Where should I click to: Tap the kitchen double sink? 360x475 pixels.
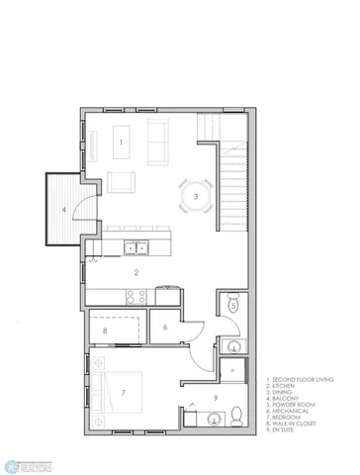coord(136,248)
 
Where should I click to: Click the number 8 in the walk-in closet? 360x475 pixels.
coord(105,331)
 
